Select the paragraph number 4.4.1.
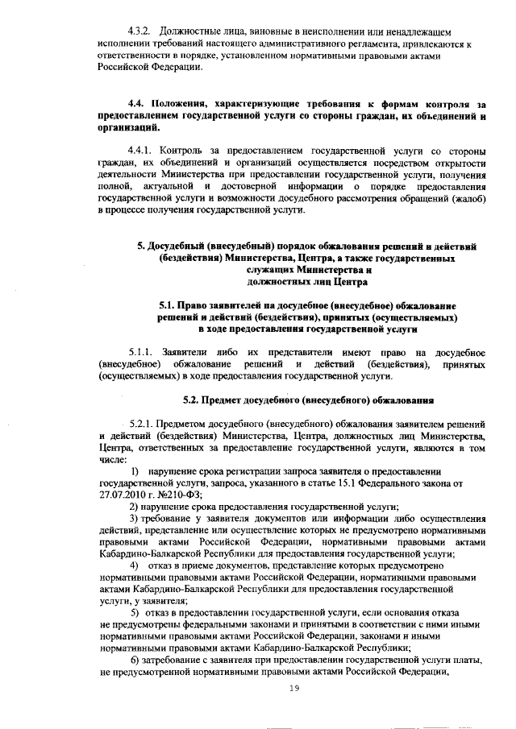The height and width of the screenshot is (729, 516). click(144, 151)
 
